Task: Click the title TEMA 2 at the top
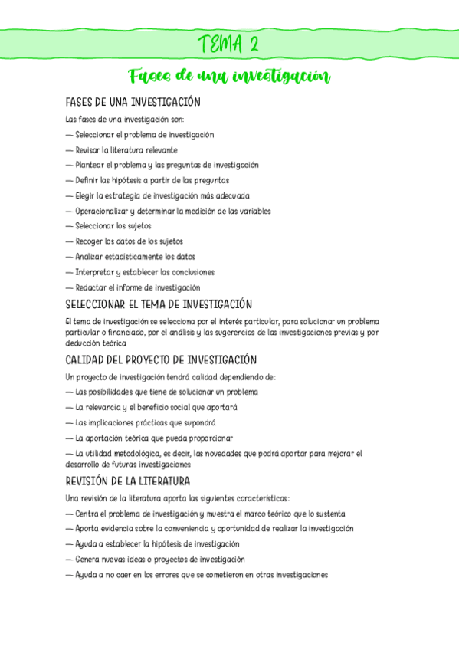click(x=228, y=44)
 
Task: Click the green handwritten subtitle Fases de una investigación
click(x=229, y=77)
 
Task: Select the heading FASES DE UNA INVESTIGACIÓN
click(x=133, y=102)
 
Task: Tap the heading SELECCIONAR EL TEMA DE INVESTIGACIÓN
click(x=159, y=304)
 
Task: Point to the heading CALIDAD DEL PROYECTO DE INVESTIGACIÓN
click(x=161, y=359)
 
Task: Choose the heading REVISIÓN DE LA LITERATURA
click(x=128, y=481)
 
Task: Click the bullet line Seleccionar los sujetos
click(x=113, y=226)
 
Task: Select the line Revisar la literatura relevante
click(x=126, y=150)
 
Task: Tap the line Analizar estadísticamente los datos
click(x=135, y=257)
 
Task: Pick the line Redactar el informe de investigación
click(x=137, y=287)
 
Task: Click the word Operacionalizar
click(x=101, y=211)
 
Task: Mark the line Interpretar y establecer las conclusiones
click(x=144, y=272)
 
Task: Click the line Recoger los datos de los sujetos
click(x=129, y=241)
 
